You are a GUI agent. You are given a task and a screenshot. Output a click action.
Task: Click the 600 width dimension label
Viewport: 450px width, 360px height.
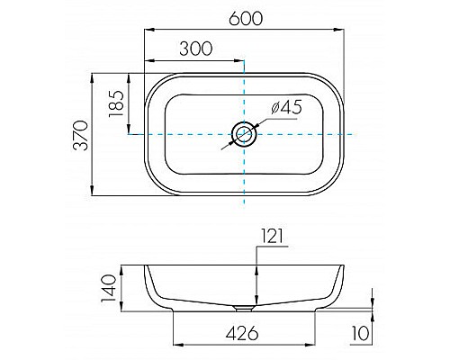pos(246,19)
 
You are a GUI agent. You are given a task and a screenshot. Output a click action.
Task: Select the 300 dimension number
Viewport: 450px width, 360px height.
pos(196,49)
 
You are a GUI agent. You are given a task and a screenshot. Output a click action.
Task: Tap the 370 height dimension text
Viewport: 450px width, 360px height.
pos(81,135)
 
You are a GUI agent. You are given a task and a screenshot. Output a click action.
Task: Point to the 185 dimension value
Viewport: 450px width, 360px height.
pos(116,103)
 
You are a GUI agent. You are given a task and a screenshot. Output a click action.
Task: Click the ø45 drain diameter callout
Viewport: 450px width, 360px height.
pos(286,107)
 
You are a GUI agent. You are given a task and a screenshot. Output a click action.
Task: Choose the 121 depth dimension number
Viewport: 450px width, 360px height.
pos(273,236)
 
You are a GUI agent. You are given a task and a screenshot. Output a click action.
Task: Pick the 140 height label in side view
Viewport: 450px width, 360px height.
pos(109,288)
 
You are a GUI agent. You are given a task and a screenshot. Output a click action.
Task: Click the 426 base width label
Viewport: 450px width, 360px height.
pos(242,333)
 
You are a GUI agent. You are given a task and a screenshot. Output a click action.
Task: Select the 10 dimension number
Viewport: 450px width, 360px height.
pos(360,333)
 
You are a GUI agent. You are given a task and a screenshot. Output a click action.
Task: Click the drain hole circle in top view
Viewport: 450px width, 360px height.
pos(244,134)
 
